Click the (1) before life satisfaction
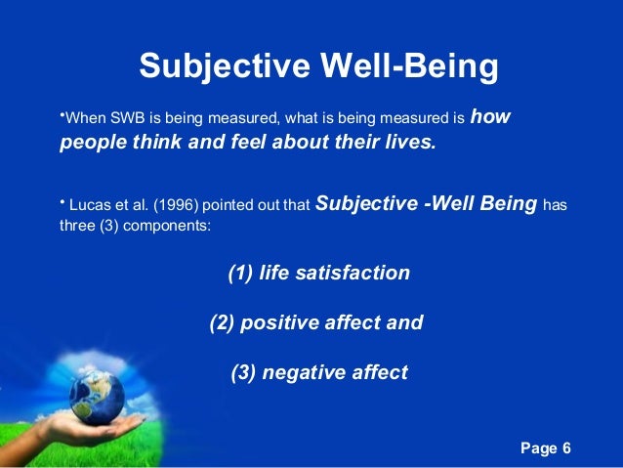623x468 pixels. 240,273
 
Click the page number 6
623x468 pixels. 566,447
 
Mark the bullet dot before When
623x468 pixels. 60,117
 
